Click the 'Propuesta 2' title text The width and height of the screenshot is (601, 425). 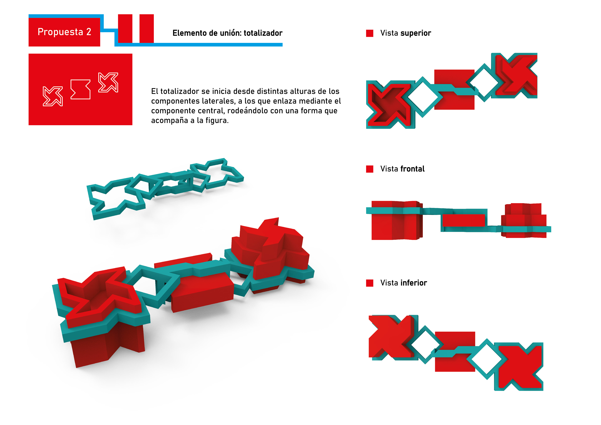click(x=64, y=32)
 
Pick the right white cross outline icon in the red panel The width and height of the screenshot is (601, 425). click(x=108, y=82)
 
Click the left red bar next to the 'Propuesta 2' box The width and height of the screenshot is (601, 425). click(x=125, y=28)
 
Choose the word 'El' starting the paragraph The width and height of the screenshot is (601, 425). click(x=154, y=91)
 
